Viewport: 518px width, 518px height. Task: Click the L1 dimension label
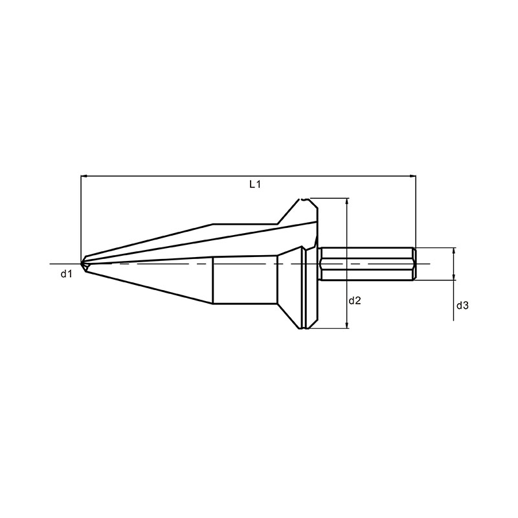[255, 185]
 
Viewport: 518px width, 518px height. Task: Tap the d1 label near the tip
[67, 273]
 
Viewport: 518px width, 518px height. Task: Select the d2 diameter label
[355, 300]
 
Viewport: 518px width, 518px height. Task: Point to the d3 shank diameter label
[462, 306]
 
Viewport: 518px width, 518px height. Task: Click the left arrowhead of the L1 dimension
[84, 176]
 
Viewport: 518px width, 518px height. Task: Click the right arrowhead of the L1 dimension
[413, 176]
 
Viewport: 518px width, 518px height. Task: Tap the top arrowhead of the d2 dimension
[346, 201]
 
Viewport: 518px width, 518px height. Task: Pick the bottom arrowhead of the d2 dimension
[346, 326]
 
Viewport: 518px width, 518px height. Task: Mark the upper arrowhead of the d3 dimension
[454, 250]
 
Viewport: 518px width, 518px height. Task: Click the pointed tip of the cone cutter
[82, 264]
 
